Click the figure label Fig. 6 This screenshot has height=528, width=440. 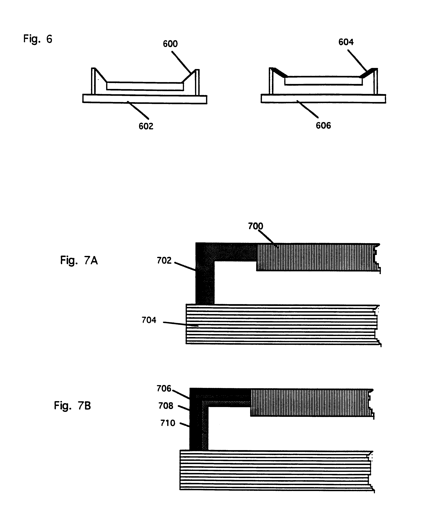tap(38, 39)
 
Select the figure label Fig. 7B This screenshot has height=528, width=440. tap(72, 405)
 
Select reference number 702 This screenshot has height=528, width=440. tap(164, 260)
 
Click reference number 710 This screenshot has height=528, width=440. tap(168, 423)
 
